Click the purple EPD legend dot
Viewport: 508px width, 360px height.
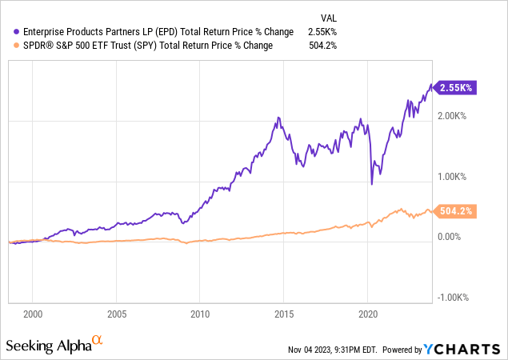[9, 31]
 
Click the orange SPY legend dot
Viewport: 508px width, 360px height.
[9, 46]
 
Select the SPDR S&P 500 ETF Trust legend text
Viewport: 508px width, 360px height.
[143, 46]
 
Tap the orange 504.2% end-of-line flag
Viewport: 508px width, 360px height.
[457, 211]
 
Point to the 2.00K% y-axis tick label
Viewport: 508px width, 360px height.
[454, 116]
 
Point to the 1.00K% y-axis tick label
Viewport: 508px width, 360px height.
[454, 177]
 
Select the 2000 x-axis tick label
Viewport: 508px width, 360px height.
[33, 314]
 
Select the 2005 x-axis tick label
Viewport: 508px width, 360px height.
[117, 314]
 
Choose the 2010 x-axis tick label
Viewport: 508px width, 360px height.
[200, 314]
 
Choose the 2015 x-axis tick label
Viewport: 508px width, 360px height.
[284, 314]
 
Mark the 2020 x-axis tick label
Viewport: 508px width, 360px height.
[368, 314]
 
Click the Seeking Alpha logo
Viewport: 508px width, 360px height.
[54, 345]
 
